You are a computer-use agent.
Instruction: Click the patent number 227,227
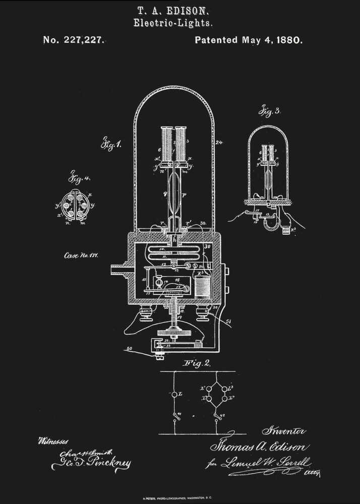coord(83,40)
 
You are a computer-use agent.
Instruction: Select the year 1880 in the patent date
coord(288,40)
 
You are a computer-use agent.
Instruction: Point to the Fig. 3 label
coord(269,111)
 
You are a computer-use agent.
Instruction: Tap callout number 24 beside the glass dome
coord(218,143)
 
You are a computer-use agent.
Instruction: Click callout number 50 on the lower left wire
coord(130,349)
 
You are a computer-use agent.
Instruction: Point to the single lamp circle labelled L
coord(174,395)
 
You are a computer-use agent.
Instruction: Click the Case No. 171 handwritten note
coord(81,256)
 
